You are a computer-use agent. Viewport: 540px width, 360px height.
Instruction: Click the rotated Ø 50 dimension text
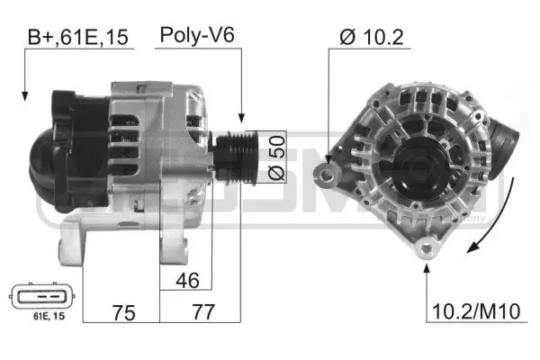279,159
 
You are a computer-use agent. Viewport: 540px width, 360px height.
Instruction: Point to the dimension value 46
187,280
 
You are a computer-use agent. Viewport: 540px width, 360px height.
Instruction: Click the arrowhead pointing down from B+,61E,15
23,94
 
